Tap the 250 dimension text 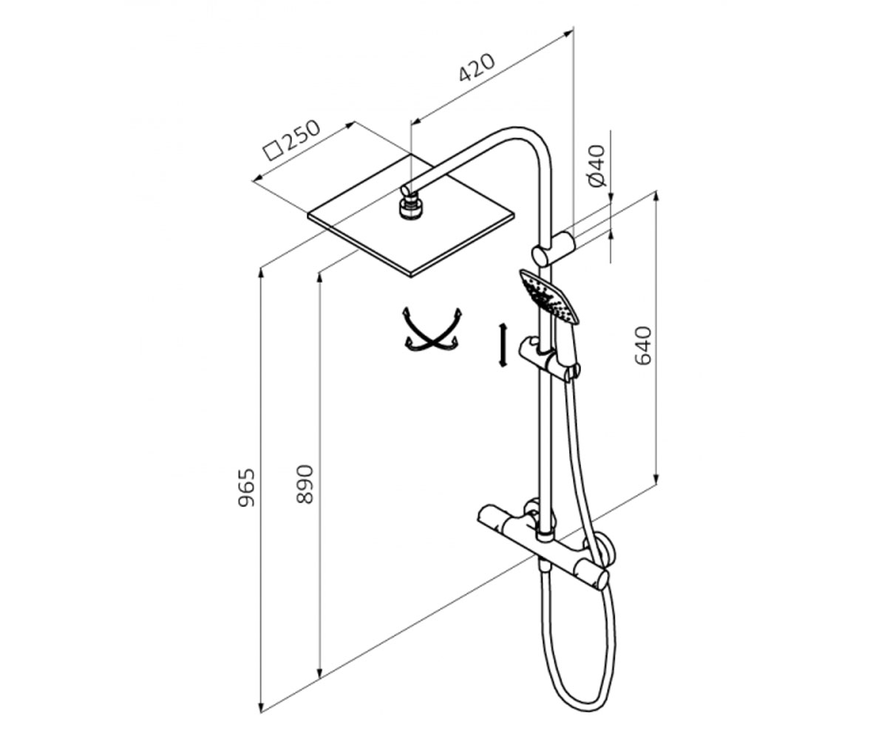tap(300, 136)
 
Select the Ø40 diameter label tap(596, 166)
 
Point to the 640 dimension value tap(643, 346)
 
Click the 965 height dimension tap(246, 488)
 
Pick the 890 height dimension tap(305, 485)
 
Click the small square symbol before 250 tap(273, 151)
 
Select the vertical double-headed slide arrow tap(503, 345)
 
